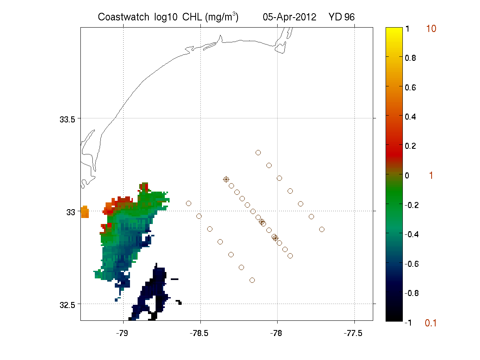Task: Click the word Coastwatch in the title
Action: [123, 17]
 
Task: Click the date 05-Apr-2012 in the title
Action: [289, 17]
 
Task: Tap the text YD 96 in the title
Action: [341, 17]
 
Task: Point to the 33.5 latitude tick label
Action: [67, 120]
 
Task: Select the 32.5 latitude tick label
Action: [67, 305]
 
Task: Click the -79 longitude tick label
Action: [122, 333]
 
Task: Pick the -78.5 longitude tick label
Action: [199, 333]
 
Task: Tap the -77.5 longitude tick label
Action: [353, 333]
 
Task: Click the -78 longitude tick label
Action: [276, 333]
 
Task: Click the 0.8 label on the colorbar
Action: [410, 58]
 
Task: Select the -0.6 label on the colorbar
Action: [412, 264]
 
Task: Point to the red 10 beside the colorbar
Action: [431, 29]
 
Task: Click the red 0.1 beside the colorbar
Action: [430, 323]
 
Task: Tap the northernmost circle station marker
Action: [258, 152]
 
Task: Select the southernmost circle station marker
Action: [252, 280]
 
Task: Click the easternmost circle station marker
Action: [322, 230]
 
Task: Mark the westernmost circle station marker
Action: [188, 204]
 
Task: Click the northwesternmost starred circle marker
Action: [226, 180]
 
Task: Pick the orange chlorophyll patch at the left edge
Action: [85, 212]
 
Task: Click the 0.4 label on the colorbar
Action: [410, 117]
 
